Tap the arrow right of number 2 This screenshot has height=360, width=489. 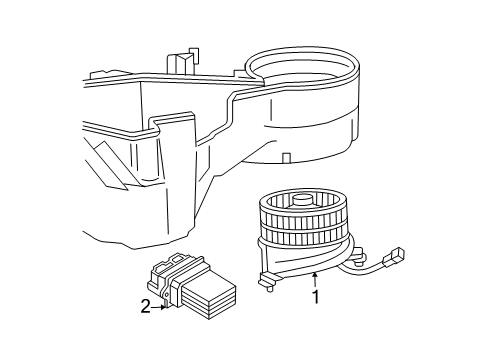[160, 307]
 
